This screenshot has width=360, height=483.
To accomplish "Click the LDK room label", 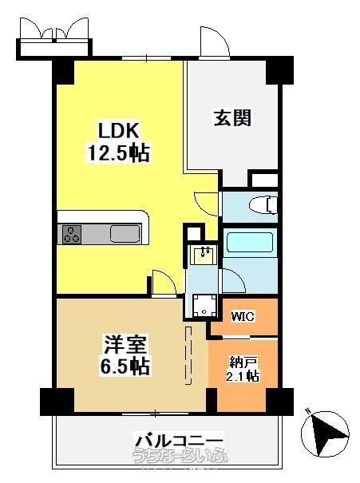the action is pos(119,131).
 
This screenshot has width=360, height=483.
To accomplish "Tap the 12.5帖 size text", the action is pos(119,152).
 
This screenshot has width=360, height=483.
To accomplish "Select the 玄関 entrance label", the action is pos(232,117).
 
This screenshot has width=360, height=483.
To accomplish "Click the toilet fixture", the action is pos(263,205).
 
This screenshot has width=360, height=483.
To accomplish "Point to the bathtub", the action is pos(249,242).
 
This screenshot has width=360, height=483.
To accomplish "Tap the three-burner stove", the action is pos(72,234).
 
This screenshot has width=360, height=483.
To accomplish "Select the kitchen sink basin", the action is pos(125,234).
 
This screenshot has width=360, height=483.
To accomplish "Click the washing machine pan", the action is pos(204,305).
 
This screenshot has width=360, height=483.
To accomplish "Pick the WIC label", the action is pos(243,316).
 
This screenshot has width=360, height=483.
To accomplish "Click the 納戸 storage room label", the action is pos(243,362).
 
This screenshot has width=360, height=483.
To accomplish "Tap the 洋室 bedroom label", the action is pos(125,344).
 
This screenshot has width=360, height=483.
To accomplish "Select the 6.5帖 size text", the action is pos(125,366).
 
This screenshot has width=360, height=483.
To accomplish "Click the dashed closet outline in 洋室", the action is pos(188,355).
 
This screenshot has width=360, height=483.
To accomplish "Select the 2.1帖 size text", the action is pos(243,376).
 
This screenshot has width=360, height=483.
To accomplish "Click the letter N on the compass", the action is pos(307,410).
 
